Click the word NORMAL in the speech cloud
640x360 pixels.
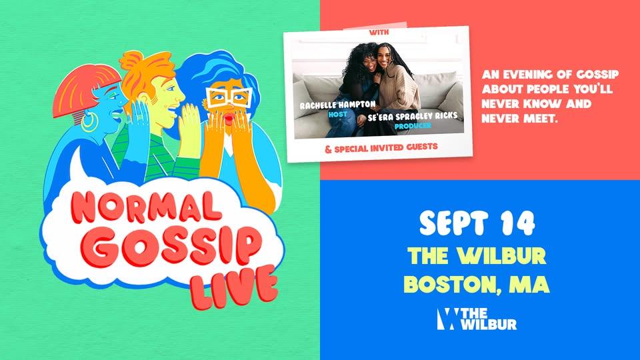tap(145, 206)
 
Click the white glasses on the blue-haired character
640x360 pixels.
tap(228, 98)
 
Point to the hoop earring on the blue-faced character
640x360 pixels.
tap(89, 122)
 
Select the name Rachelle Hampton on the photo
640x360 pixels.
tap(337, 105)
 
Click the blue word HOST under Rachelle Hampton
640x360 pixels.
tap(337, 115)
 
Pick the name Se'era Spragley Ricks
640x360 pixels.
tap(412, 116)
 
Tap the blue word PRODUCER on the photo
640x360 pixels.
tap(413, 126)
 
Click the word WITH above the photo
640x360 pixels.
tap(379, 32)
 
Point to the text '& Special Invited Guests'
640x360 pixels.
tap(381, 147)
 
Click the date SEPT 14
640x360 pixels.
tap(477, 223)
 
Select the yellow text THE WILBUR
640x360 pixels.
tap(477, 255)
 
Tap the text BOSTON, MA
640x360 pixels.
tap(477, 284)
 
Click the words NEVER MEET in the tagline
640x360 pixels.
tap(519, 119)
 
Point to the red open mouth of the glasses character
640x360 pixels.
tap(229, 119)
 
